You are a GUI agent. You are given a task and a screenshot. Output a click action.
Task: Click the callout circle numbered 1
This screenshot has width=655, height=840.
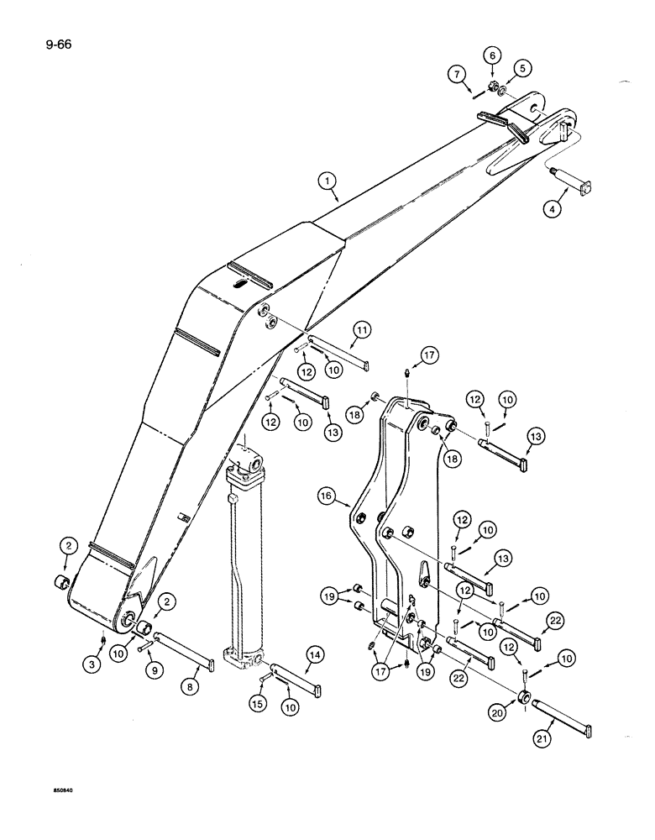[327, 180]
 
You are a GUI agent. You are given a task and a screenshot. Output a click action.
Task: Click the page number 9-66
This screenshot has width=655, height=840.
[34, 44]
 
